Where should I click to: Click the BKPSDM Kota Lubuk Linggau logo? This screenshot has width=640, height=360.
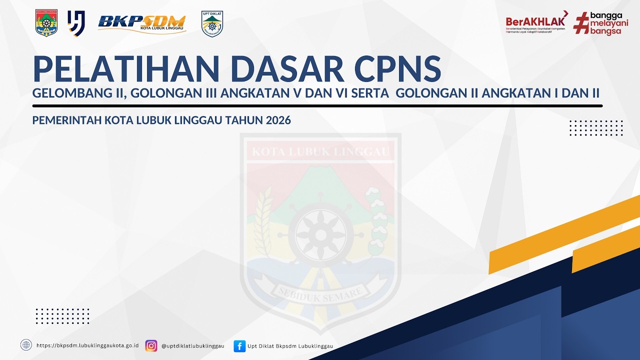tap(142, 23)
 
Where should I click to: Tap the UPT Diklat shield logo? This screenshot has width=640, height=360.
tap(212, 23)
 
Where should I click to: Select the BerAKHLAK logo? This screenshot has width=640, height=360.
tap(536, 22)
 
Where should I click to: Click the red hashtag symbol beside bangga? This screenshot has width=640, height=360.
tap(580, 23)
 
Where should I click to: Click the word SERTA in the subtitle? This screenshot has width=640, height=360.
tap(372, 93)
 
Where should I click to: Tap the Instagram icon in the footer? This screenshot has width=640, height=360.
tap(151, 345)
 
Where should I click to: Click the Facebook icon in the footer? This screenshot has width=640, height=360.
tap(239, 345)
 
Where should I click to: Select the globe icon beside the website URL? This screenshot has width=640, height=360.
tap(26, 345)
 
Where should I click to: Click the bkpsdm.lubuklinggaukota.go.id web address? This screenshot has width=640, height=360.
tap(87, 345)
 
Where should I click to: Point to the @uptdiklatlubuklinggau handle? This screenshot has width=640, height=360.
tap(192, 345)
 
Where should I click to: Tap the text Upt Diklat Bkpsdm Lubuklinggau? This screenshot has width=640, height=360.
tap(290, 345)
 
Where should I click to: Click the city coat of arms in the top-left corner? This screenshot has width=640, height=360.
tap(46, 23)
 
